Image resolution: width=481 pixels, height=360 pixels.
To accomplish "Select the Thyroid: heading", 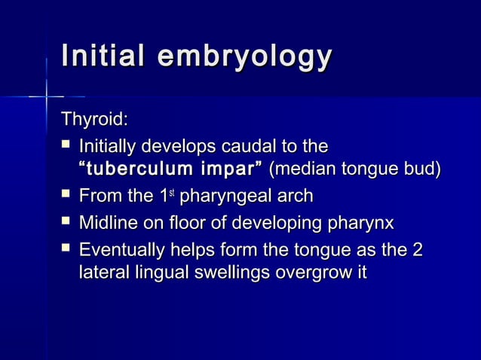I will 94,119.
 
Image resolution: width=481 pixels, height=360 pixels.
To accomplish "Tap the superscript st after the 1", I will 173,194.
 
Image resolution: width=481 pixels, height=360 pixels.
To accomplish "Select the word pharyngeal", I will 231,197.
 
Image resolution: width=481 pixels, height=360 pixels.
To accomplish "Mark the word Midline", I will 107,223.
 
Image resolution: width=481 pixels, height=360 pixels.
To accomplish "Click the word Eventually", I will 117,249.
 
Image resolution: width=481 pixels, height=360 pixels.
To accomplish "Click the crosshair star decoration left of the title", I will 47,96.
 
